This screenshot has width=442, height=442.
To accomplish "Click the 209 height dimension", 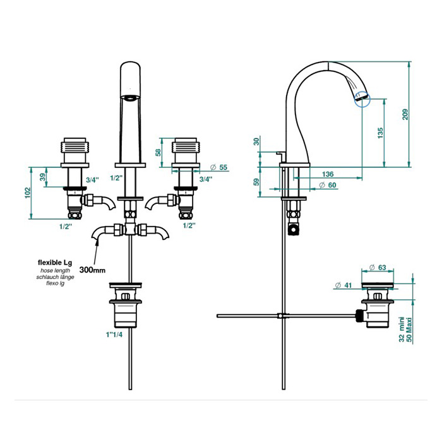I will (405, 114).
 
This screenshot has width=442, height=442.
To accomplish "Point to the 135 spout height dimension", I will (380, 134).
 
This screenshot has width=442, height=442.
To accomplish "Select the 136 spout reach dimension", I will (327, 174).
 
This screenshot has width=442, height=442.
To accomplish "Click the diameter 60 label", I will (327, 184).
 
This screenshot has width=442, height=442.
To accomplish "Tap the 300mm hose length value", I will (94, 270).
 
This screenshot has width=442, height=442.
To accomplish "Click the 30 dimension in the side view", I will (256, 141).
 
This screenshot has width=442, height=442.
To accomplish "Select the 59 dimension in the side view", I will (256, 182).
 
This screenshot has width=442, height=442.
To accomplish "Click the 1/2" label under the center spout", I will (116, 179).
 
